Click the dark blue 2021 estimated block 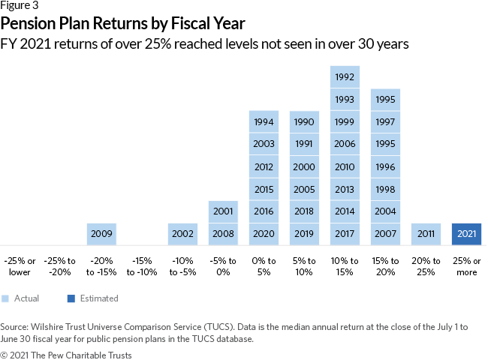466,234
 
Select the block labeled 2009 102,234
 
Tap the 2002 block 182,234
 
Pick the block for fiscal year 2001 223,211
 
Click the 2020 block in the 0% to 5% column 264,234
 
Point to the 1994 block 264,121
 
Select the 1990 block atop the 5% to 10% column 304,121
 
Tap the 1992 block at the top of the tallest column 345,76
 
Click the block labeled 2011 426,234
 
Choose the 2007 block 385,234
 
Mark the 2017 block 345,234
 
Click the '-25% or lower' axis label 21,266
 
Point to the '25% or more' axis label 466,266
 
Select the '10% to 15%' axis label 345,266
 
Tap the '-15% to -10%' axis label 142,266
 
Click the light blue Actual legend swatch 5,298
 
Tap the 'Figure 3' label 20,6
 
